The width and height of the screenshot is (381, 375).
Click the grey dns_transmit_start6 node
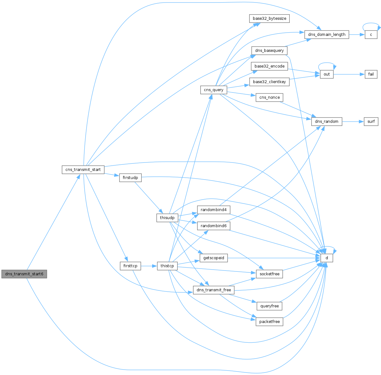pos(24,274)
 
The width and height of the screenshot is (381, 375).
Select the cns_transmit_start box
pos(83,169)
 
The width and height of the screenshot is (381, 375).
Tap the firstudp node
pos(130,178)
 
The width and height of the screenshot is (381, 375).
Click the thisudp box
pos(167,218)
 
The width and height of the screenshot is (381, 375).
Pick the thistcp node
pos(167,266)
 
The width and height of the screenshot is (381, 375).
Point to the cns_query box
pos(214,90)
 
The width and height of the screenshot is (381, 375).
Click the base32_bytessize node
pos(269,18)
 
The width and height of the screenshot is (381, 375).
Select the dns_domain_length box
pos(326,35)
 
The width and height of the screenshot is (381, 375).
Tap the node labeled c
pos(371,35)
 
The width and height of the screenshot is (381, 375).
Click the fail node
pos(371,74)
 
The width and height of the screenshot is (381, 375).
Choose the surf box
pos(371,121)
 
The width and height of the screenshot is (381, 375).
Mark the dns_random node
pos(326,121)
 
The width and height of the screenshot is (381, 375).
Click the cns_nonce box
pos(269,97)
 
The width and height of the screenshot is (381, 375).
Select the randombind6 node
pos(214,226)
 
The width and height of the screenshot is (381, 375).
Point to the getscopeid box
pos(214,258)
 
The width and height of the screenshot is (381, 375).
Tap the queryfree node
pos(269,306)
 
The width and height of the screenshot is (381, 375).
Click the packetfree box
pos(269,321)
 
